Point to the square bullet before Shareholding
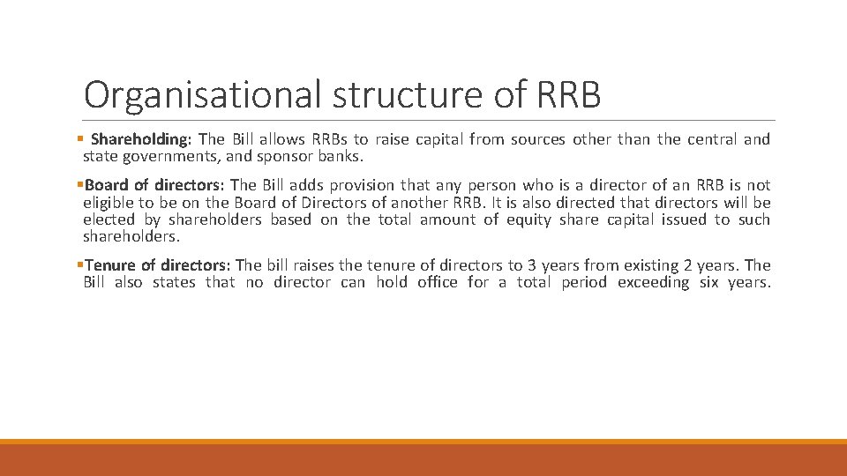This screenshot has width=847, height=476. [x=79, y=139]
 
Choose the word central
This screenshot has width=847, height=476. [x=710, y=139]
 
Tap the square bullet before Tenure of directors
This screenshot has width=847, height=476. [x=79, y=265]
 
